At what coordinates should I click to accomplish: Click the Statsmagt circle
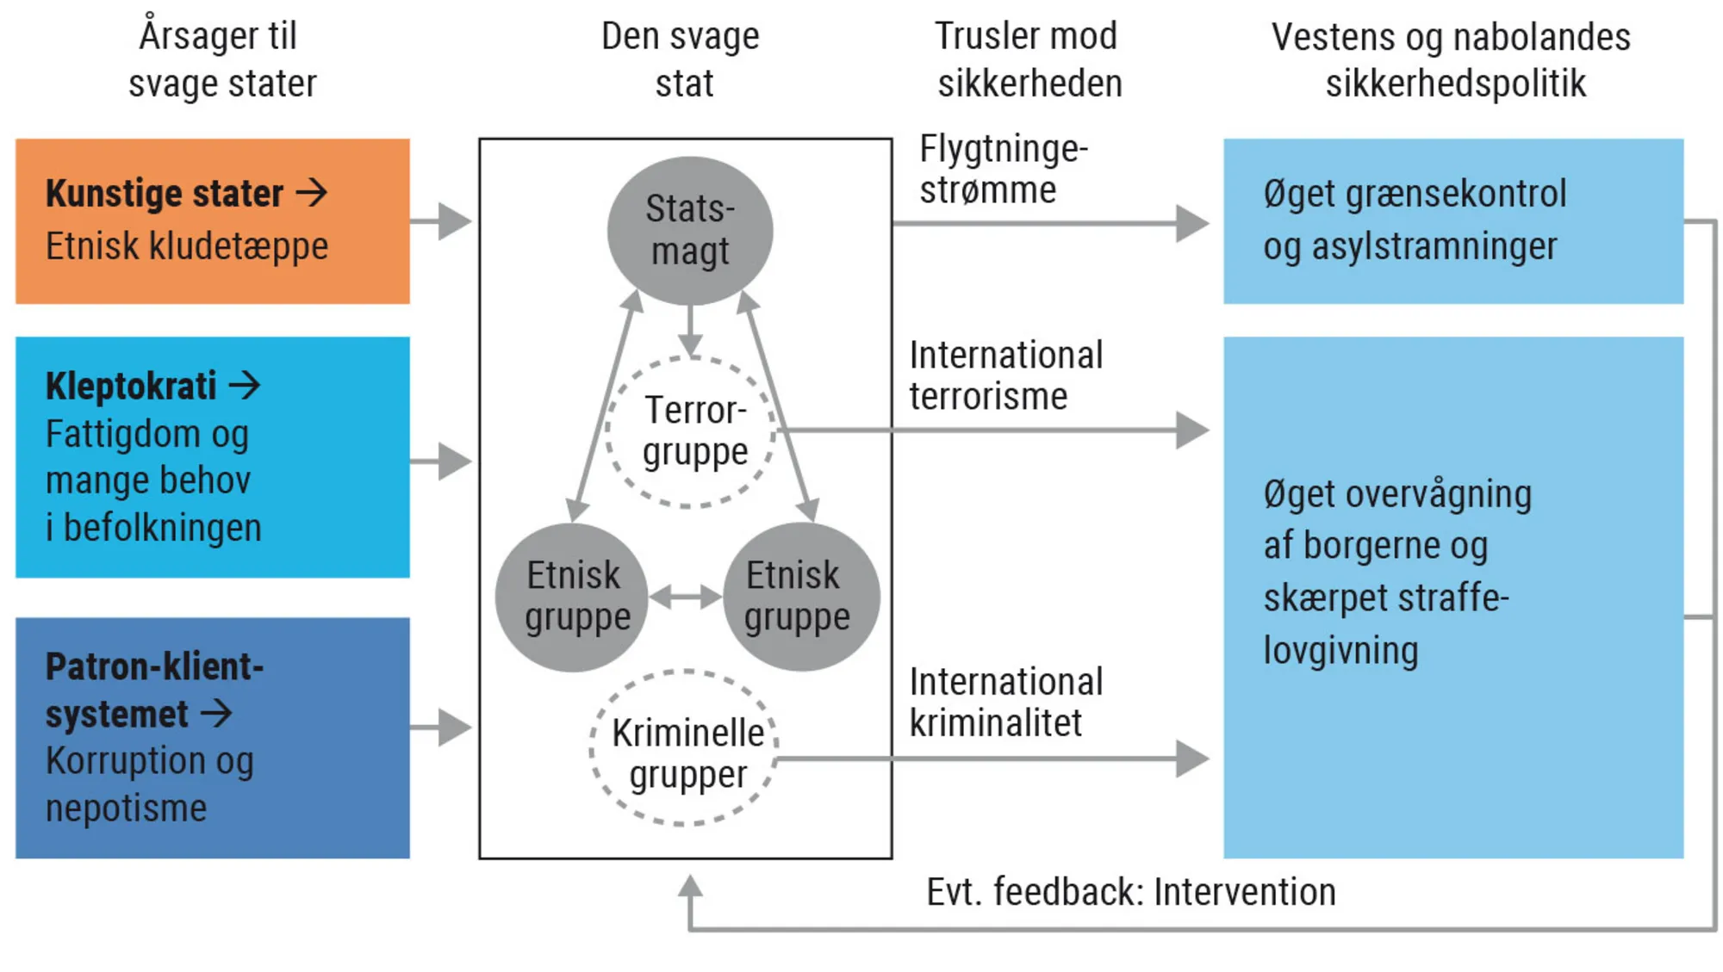(x=689, y=230)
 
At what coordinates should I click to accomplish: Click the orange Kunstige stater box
(x=212, y=221)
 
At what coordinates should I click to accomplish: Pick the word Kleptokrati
(x=131, y=386)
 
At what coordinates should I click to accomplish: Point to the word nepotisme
(x=126, y=808)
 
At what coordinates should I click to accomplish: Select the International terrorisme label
(x=1005, y=376)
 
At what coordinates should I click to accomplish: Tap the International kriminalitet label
(x=1005, y=703)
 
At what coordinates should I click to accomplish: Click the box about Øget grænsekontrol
(x=1452, y=221)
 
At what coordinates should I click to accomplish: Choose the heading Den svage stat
(x=681, y=60)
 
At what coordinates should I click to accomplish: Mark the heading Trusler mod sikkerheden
(x=1029, y=60)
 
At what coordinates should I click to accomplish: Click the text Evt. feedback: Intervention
(x=1130, y=892)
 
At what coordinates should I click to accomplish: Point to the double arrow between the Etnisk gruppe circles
(x=686, y=597)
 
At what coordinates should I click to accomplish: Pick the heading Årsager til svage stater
(x=221, y=60)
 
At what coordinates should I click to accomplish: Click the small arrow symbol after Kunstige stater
(x=311, y=192)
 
